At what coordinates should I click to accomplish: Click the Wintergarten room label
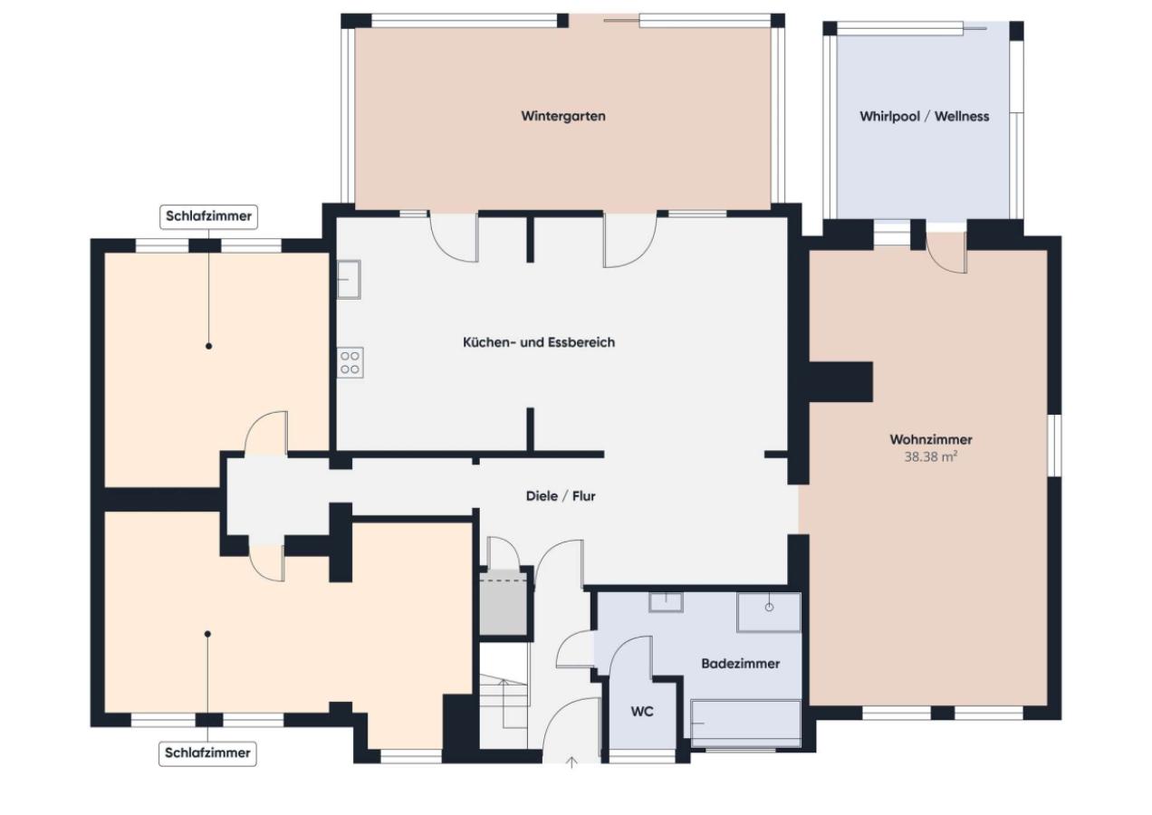(563, 116)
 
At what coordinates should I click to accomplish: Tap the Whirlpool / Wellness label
(924, 116)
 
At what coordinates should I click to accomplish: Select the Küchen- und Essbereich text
(539, 342)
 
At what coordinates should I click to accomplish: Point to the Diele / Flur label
(561, 496)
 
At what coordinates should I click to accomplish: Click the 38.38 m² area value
(930, 456)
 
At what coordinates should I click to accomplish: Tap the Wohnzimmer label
(931, 439)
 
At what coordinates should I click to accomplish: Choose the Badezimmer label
(741, 664)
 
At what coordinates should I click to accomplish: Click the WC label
(642, 712)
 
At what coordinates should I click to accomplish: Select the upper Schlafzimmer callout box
(209, 216)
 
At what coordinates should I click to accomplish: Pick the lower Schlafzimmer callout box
(207, 753)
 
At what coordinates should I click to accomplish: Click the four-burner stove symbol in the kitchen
(350, 362)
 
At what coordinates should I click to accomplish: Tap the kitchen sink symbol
(349, 279)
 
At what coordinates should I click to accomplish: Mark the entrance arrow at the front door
(571, 762)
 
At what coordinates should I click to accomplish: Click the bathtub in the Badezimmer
(745, 723)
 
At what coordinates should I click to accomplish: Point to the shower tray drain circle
(770, 608)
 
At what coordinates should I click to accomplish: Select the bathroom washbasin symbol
(666, 602)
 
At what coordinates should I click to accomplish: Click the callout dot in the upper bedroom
(209, 347)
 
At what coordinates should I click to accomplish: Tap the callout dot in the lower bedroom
(207, 634)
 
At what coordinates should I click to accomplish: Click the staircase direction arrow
(504, 704)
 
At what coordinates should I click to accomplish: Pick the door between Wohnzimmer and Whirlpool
(946, 253)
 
